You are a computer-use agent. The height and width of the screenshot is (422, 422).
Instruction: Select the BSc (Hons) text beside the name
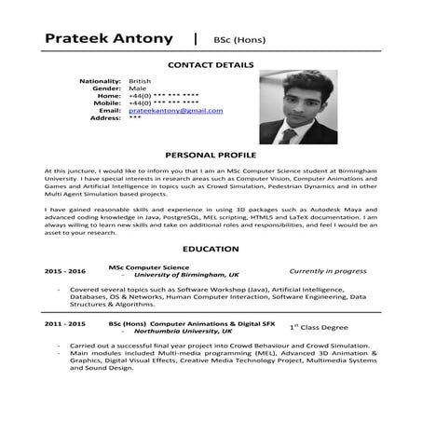(x=240, y=39)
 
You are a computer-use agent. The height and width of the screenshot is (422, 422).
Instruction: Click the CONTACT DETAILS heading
(x=209, y=65)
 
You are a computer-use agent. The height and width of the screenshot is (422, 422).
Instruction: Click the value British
(x=140, y=81)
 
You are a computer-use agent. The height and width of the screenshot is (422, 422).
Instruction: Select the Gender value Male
(x=136, y=88)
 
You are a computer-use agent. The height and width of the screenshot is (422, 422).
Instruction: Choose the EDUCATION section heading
(x=210, y=249)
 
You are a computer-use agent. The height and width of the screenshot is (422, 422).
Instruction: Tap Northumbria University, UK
(x=184, y=331)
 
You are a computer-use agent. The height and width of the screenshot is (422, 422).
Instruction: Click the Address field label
(x=106, y=118)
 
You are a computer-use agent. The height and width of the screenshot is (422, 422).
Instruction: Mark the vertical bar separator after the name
(x=194, y=38)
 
